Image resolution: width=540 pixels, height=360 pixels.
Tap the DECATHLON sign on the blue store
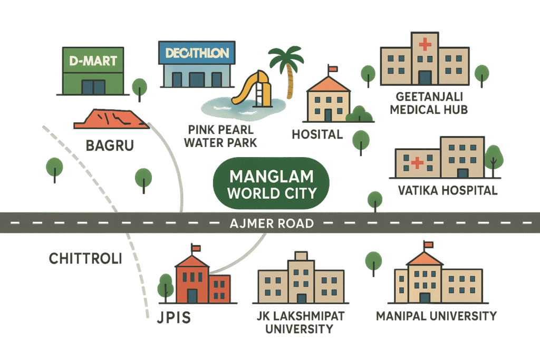[x=197, y=53]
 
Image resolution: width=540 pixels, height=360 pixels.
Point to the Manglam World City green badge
[x=271, y=184]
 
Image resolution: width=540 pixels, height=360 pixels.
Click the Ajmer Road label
[x=272, y=223]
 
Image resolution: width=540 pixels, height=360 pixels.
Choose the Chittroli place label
[x=85, y=259]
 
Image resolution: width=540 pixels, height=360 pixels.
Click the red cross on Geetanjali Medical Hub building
[x=425, y=45]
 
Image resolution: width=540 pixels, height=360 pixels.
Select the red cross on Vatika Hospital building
[x=417, y=163]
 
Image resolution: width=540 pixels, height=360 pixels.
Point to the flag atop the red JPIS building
[x=196, y=247]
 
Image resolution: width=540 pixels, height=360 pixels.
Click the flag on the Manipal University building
[x=428, y=245]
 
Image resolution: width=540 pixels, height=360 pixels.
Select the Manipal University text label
[x=436, y=316]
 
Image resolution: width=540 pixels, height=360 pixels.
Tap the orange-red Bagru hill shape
[x=112, y=119]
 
